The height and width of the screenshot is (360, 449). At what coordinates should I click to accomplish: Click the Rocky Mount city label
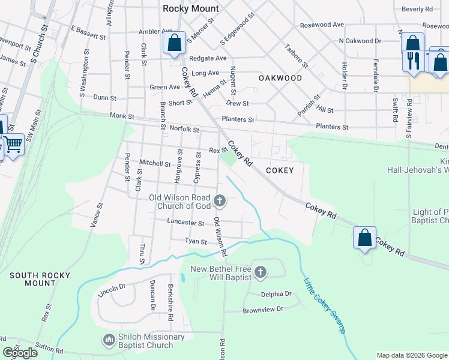tap(191, 8)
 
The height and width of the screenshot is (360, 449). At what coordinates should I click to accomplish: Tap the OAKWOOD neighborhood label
tap(280, 78)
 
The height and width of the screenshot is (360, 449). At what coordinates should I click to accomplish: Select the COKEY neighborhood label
tap(280, 170)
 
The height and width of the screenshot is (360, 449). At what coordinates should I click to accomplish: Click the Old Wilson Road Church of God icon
tap(220, 200)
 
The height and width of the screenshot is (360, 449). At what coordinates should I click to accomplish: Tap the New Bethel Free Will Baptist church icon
tap(260, 273)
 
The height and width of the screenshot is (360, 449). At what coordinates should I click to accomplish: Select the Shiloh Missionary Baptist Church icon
tap(109, 340)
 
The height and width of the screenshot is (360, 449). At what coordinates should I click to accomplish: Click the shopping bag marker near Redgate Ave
tap(174, 44)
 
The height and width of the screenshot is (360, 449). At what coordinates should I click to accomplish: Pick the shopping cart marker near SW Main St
tap(13, 145)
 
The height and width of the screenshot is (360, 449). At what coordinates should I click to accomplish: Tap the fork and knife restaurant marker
tap(414, 61)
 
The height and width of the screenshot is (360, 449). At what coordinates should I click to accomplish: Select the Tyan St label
tap(196, 242)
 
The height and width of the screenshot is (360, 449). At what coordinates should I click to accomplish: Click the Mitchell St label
tap(155, 163)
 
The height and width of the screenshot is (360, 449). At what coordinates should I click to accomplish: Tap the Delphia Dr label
tap(276, 294)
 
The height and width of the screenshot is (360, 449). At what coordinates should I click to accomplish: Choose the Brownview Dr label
tap(266, 311)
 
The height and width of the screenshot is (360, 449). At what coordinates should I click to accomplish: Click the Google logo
tap(20, 353)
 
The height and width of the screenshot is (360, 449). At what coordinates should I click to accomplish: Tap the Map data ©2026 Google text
tap(411, 355)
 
